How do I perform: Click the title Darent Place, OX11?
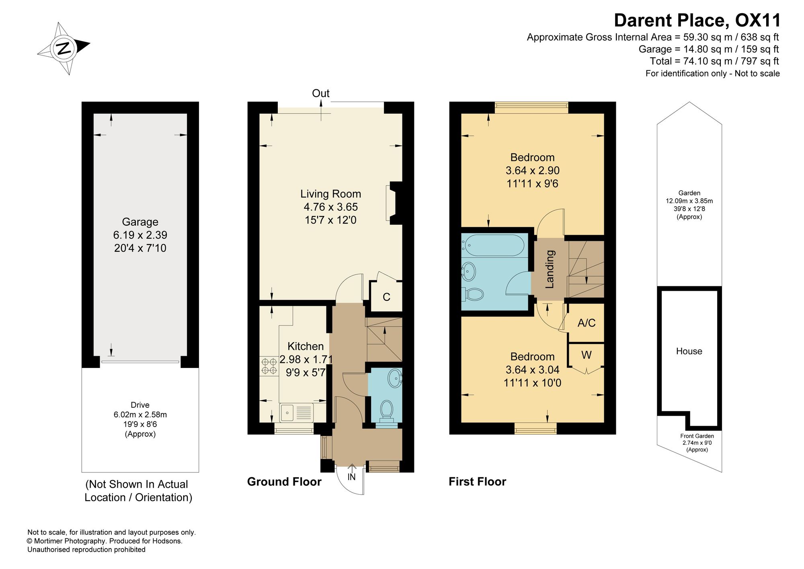click(x=697, y=20)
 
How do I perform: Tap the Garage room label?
click(x=140, y=222)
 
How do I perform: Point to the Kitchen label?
click(x=306, y=346)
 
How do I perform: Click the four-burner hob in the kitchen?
click(x=269, y=366)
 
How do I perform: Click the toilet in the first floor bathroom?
click(x=473, y=294)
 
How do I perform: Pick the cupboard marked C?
click(x=386, y=297)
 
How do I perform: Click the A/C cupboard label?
click(x=587, y=323)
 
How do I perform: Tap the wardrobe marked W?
click(x=586, y=355)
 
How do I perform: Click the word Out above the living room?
click(x=321, y=93)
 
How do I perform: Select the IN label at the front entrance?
click(x=352, y=477)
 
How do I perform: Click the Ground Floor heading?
click(x=284, y=482)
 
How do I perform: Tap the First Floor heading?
click(x=478, y=482)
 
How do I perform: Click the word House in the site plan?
click(x=689, y=351)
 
